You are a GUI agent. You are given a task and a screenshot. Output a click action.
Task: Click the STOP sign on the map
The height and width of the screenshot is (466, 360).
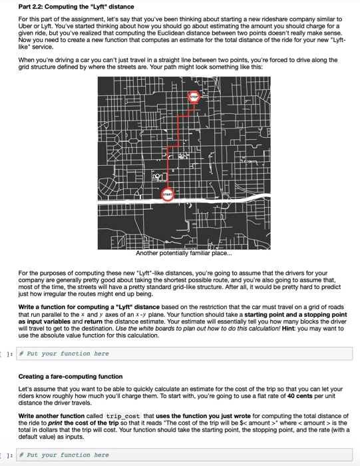tap(194, 97)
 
